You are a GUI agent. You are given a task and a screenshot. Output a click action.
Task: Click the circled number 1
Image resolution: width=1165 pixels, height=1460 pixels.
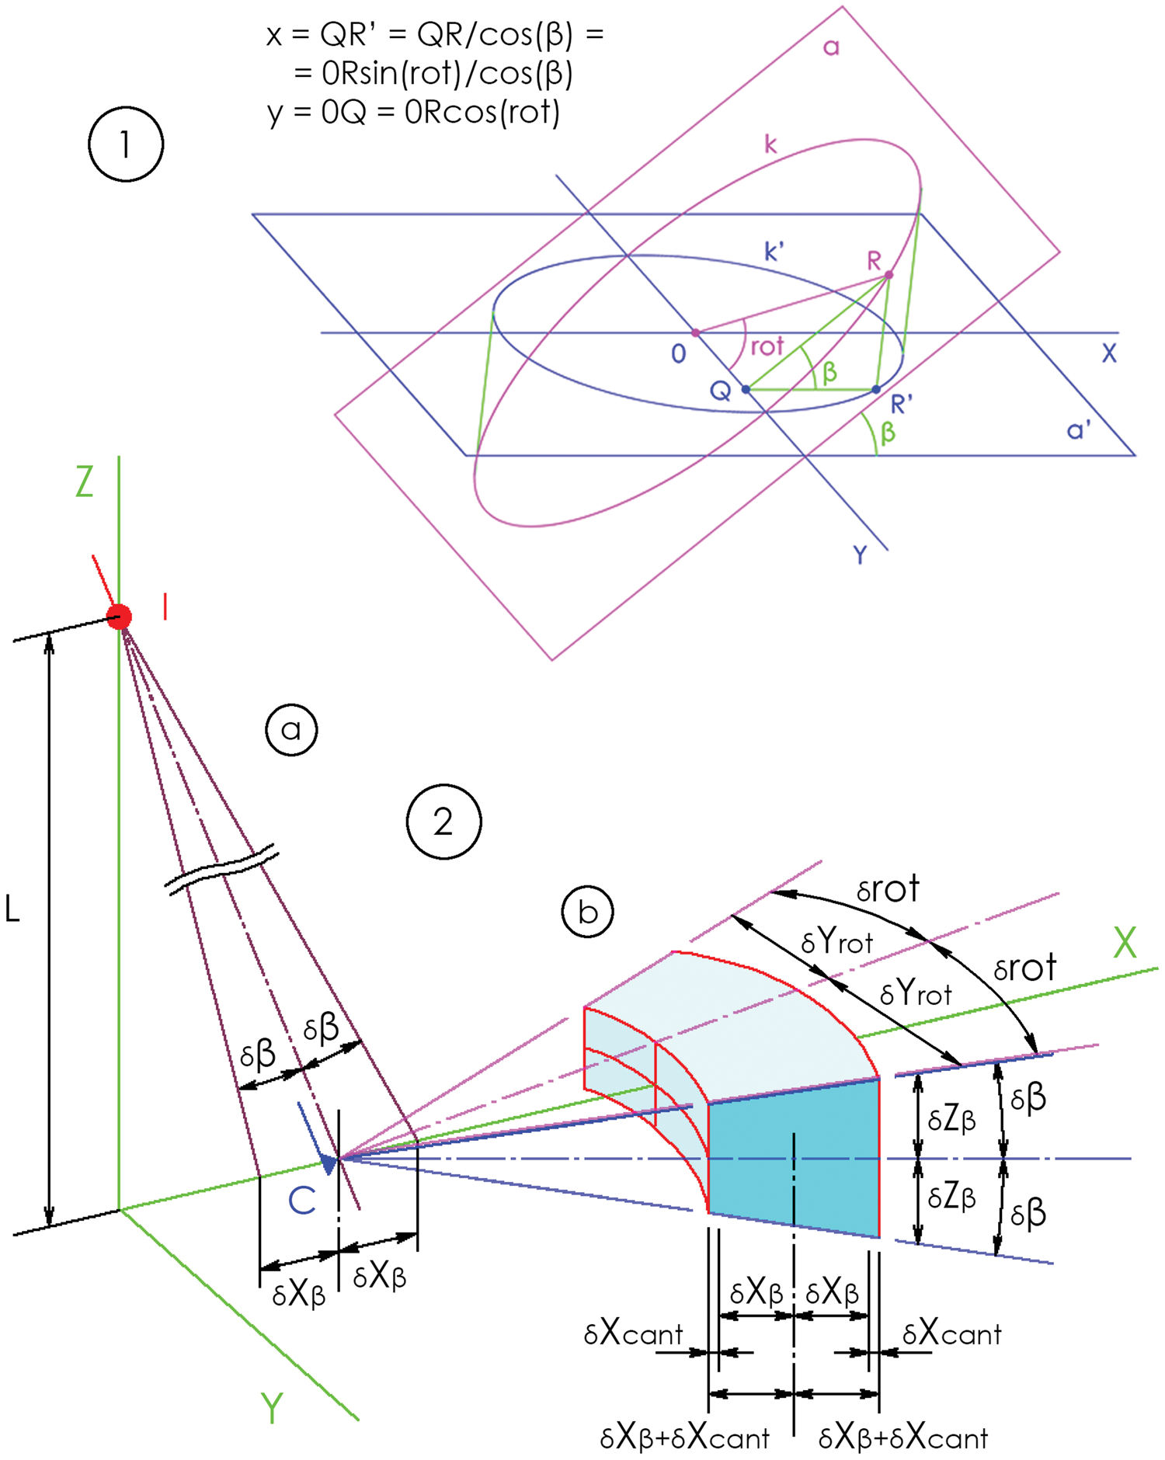pos(126,144)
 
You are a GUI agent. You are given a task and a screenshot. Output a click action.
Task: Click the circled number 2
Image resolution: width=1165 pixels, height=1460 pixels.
pos(443,822)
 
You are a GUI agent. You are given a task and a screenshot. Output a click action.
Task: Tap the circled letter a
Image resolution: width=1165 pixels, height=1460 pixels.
pos(291,729)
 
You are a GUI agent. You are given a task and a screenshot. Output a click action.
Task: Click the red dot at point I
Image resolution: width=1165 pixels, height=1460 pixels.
pos(120,617)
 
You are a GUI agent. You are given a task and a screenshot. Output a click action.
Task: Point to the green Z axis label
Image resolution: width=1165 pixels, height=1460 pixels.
pos(85,481)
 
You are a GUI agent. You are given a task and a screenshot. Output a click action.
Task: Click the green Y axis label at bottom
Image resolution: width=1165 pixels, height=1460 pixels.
pos(272,1408)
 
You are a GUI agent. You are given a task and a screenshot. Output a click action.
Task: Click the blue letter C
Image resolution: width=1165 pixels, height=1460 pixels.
pos(301,1201)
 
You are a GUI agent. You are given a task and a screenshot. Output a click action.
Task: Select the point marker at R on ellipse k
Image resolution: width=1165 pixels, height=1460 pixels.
pos(889,275)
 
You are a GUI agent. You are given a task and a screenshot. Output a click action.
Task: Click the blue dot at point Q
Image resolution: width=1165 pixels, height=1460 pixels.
pos(746,389)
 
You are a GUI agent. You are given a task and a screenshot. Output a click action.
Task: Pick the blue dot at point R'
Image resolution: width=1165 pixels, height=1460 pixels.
pos(876,389)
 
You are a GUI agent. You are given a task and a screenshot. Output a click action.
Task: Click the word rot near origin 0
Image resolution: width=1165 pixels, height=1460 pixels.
pos(767,346)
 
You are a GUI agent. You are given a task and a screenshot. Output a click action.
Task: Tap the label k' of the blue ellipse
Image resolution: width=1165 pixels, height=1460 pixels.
pos(774,252)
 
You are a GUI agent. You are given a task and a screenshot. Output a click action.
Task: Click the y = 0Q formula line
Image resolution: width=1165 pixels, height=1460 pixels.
pos(413,113)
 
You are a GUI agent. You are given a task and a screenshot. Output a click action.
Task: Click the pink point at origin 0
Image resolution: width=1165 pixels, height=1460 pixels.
pos(696,333)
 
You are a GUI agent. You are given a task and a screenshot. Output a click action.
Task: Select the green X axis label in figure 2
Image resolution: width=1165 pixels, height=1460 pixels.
pos(1125,943)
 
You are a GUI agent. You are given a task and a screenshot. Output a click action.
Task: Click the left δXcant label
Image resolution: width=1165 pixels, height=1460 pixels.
pos(633,1334)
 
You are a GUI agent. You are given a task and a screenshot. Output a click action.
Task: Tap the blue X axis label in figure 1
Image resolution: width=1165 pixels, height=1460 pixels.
pos(1109,353)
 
